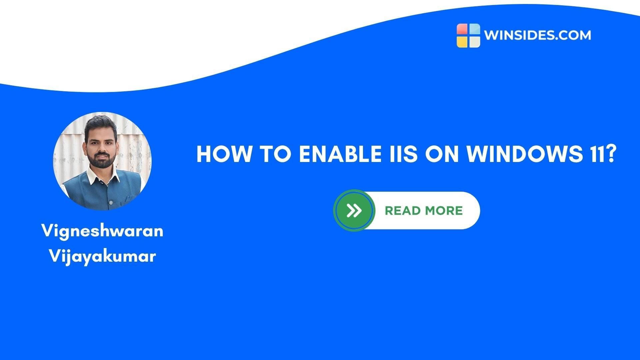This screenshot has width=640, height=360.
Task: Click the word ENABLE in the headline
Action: (x=340, y=154)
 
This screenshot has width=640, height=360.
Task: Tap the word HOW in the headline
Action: (x=224, y=154)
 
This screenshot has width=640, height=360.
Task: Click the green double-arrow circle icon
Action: (x=354, y=211)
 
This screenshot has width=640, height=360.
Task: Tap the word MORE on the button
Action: (x=444, y=211)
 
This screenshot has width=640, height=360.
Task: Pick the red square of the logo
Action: (x=462, y=29)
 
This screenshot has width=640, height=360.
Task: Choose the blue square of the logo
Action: (x=474, y=29)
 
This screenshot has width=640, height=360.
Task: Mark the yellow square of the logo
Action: (x=462, y=41)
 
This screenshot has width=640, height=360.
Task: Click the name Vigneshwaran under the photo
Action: (x=102, y=231)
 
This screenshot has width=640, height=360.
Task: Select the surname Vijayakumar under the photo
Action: (x=102, y=256)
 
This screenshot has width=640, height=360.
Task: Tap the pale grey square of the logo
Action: (x=474, y=41)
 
